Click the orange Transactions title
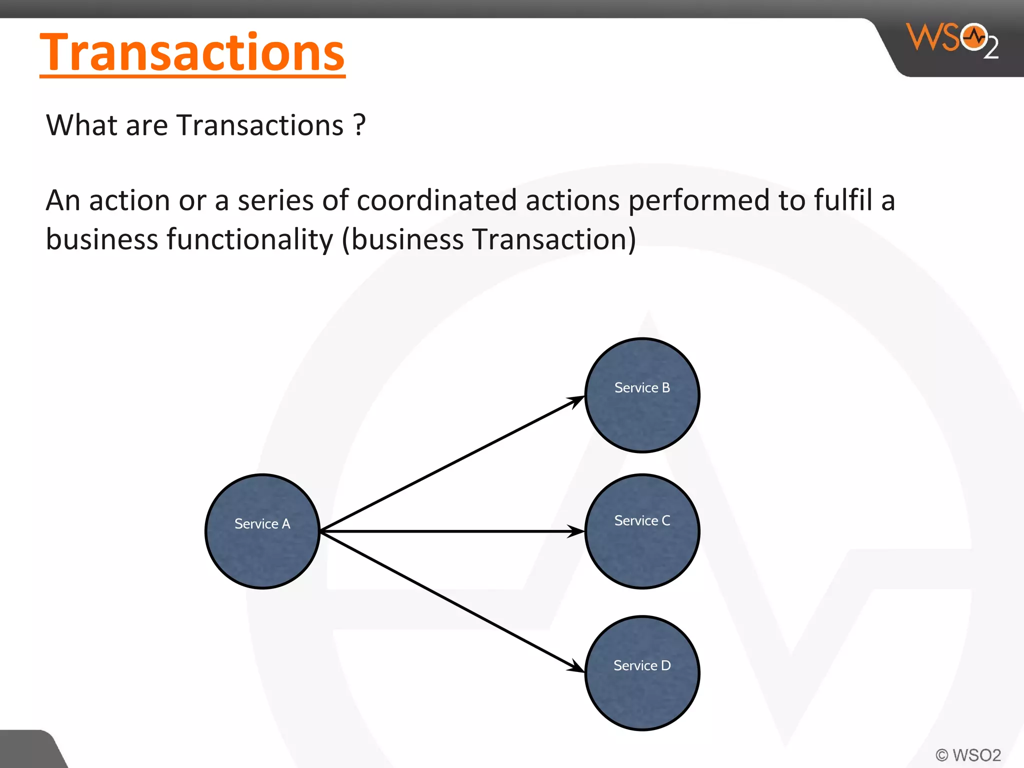coord(192,52)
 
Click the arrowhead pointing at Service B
coord(576,400)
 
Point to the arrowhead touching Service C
coord(576,531)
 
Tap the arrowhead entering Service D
coord(576,667)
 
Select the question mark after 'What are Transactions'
coord(359,125)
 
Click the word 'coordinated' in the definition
coord(436,200)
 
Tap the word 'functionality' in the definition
coord(249,239)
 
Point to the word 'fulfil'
coord(843,200)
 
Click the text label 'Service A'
coord(262,524)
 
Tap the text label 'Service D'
coord(642,665)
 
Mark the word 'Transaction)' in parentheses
coord(554,239)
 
